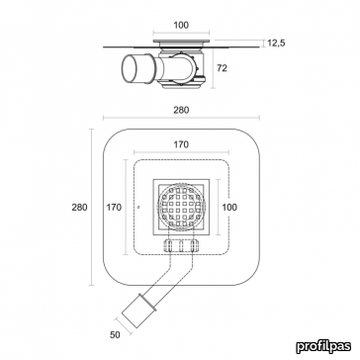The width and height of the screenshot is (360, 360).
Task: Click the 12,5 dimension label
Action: click(x=276, y=43)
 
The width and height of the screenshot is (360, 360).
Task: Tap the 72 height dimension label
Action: click(x=222, y=68)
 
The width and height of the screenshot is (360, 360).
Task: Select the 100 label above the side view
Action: click(x=181, y=25)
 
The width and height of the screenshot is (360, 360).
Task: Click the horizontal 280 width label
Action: click(x=181, y=110)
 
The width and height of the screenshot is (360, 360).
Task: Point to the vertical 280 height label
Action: click(x=80, y=207)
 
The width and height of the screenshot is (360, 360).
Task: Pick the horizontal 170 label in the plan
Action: click(x=181, y=145)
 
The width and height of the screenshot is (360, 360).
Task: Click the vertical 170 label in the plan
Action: click(x=114, y=207)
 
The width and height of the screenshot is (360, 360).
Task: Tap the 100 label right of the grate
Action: click(x=230, y=207)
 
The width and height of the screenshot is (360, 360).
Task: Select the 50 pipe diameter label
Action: click(x=115, y=335)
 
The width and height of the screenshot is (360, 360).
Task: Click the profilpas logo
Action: click(x=323, y=346)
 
